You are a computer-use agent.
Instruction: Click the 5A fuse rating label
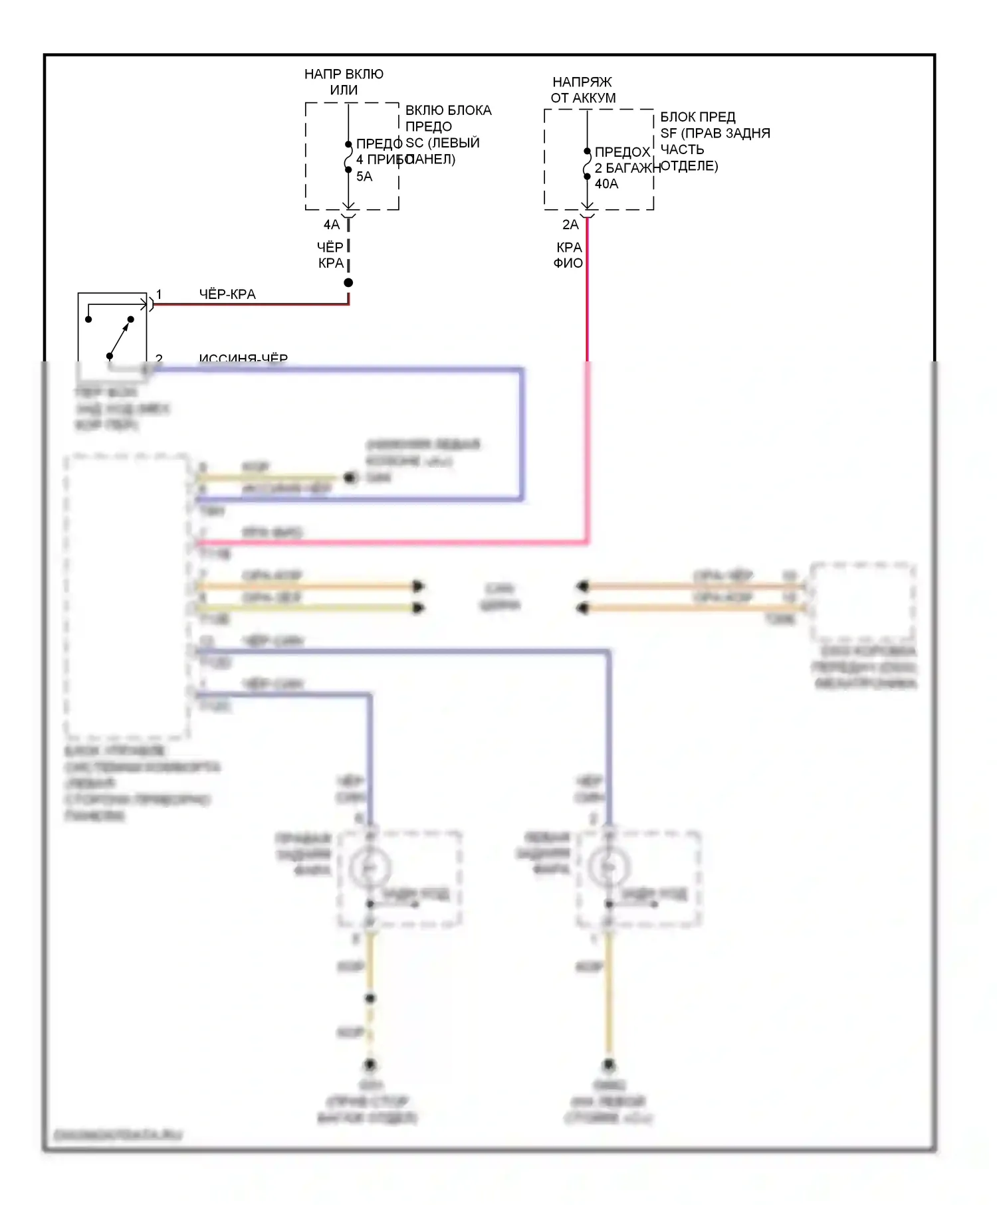coord(364,177)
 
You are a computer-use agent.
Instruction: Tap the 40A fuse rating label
coord(606,184)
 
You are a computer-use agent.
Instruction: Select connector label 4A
coord(332,225)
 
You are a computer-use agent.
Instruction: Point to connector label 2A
coord(570,225)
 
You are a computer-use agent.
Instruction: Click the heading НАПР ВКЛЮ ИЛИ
coord(344,82)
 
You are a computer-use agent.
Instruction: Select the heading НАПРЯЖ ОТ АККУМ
coord(583,90)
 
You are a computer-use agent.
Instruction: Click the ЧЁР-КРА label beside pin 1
coord(227,294)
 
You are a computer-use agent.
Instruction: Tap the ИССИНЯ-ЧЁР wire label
coord(243,359)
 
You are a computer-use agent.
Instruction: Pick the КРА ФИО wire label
coord(568,255)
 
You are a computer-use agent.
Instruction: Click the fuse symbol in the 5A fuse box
coord(348,157)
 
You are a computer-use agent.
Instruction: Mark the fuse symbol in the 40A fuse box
coord(587,164)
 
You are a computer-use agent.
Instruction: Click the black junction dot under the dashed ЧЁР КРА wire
coord(348,283)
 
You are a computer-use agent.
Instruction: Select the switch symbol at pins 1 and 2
coord(112,329)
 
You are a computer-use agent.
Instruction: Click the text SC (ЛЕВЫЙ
coord(443,143)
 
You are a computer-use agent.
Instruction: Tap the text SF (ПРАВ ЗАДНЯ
coord(715,134)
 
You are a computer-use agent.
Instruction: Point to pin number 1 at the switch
coord(159,294)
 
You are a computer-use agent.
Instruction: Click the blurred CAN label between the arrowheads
coord(500,596)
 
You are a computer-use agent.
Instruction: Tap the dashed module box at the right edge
coord(863,602)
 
